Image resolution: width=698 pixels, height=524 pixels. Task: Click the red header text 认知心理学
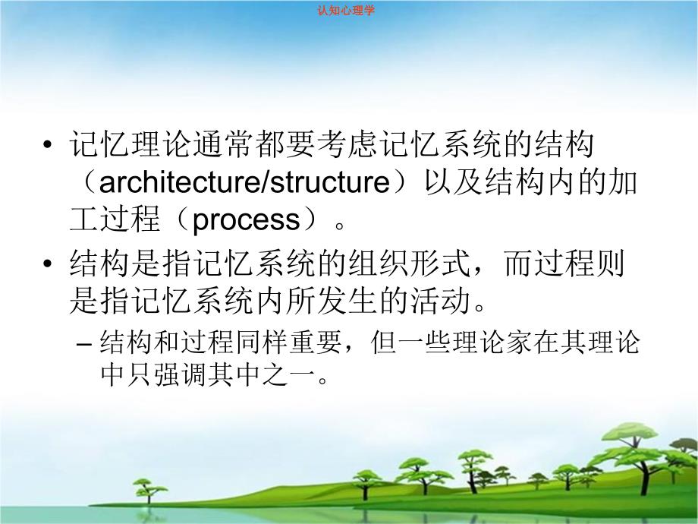pos(349,11)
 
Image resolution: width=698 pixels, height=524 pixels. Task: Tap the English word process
pos(247,220)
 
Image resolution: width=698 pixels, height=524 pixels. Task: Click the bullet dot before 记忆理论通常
pos(49,146)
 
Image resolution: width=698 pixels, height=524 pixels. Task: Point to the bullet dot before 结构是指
pos(49,267)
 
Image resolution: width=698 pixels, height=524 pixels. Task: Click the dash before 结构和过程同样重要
pos(86,345)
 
